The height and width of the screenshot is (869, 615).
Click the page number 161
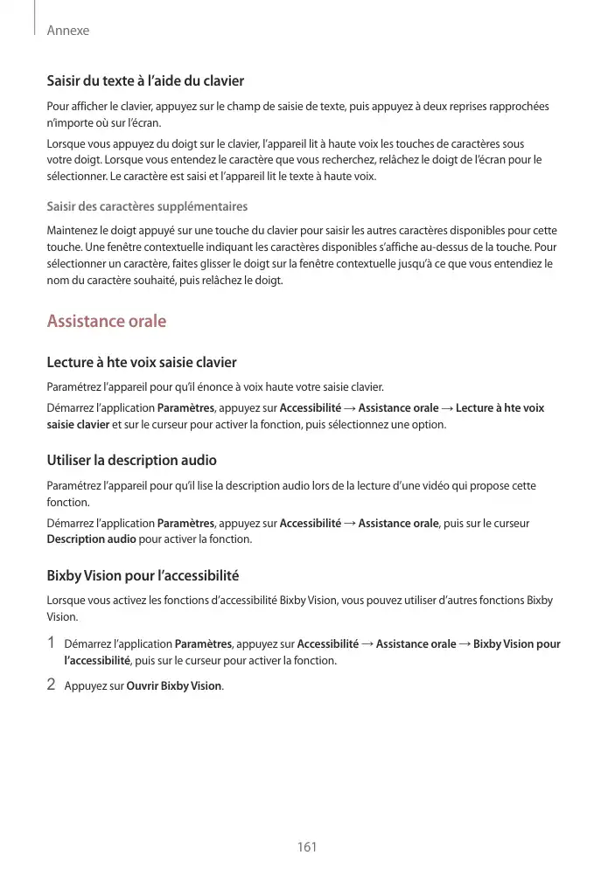(306, 847)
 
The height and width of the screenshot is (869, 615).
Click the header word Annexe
(68, 31)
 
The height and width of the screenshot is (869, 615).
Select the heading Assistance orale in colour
(106, 321)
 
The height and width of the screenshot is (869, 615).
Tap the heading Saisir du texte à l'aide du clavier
(144, 81)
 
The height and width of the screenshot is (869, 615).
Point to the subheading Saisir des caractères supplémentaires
(147, 206)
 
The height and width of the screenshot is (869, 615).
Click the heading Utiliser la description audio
(131, 460)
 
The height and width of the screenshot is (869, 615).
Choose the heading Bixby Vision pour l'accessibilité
(143, 576)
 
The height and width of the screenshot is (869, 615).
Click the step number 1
(52, 644)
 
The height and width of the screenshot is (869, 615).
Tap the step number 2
(52, 685)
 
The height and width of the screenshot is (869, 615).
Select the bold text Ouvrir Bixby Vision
(175, 686)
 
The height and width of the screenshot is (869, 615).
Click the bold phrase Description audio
(91, 539)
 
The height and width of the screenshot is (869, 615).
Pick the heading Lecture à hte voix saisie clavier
(141, 362)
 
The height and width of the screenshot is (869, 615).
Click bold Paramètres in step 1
(203, 644)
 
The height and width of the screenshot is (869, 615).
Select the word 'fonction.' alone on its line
(67, 503)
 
